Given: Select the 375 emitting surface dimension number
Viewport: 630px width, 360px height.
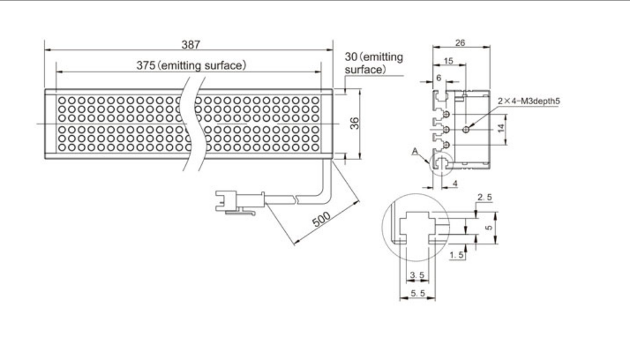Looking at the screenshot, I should pyautogui.click(x=145, y=65).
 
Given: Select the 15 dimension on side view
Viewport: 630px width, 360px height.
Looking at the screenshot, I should pyautogui.click(x=448, y=61).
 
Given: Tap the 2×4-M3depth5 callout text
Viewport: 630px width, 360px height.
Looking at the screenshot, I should pyautogui.click(x=528, y=101).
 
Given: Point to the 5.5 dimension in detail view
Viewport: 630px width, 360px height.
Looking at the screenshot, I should pyautogui.click(x=417, y=292).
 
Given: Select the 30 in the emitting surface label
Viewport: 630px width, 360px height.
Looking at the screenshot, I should pyautogui.click(x=351, y=57).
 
